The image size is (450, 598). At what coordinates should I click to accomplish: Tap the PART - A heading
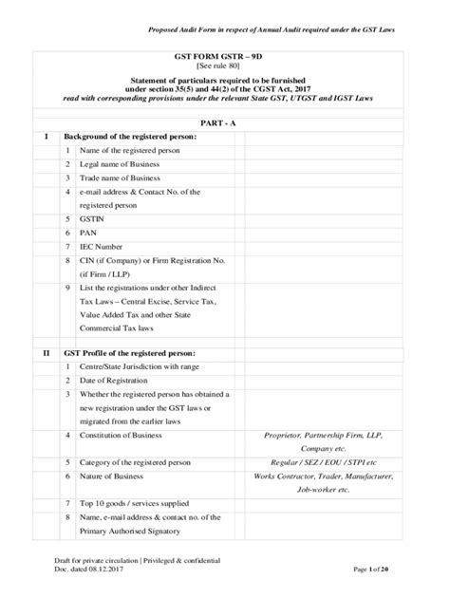coord(225,123)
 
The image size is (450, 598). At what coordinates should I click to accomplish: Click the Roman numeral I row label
coord(46,137)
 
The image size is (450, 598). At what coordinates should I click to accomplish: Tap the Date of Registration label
coord(122,380)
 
